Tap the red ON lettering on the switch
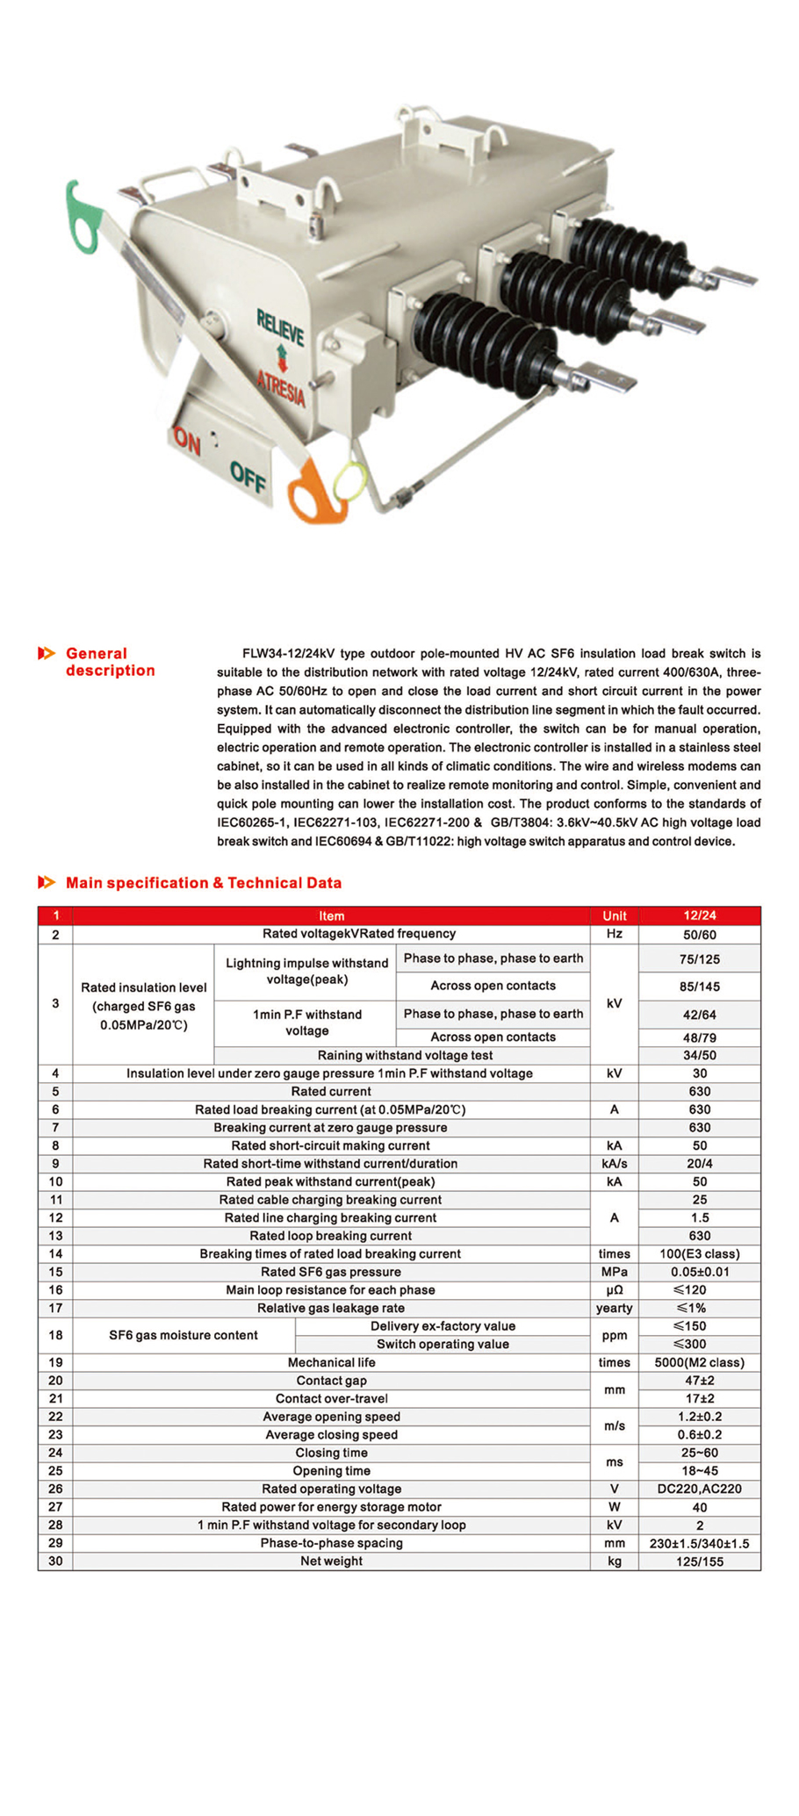coord(187,441)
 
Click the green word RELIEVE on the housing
coord(280,327)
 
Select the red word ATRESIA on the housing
coord(281,386)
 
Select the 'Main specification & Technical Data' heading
coord(203,883)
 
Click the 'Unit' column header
coord(614,915)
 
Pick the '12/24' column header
coord(699,915)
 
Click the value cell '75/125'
coord(699,959)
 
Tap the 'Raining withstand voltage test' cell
coord(405,1055)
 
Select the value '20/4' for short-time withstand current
coord(699,1164)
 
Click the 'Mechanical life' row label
coord(331,1363)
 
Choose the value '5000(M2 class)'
coord(699,1363)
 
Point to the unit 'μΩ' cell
coord(614,1290)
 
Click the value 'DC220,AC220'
coord(699,1489)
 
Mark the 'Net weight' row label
coord(331,1561)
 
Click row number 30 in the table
coord(55,1561)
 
